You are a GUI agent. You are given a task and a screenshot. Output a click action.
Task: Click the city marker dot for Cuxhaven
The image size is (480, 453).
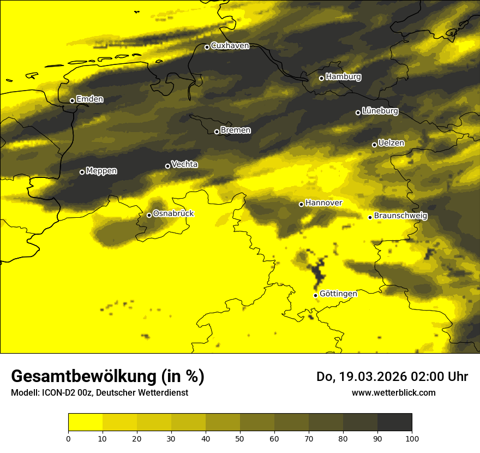pos(207,47)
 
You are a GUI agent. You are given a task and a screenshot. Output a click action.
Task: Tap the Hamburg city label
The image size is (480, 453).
pos(343,77)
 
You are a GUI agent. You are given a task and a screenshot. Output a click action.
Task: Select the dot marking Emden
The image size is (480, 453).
pos(72,100)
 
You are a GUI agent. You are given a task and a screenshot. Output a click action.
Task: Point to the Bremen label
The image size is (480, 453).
pos(236,130)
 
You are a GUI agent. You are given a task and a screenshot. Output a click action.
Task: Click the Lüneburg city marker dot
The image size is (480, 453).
pos(358,112)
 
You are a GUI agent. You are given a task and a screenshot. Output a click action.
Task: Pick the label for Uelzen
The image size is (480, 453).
pos(391,144)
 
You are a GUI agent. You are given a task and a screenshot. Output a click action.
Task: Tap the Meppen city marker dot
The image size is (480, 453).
pos(82,172)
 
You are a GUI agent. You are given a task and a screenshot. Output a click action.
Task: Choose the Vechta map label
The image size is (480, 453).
pos(184,164)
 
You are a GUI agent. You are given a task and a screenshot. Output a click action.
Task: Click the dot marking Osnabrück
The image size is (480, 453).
pos(149,215)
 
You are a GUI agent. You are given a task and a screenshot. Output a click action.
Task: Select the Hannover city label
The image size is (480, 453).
pos(323,203)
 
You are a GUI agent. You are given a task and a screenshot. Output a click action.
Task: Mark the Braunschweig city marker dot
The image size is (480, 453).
pos(370,217)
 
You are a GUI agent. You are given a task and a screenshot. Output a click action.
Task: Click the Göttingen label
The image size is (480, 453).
pos(338,294)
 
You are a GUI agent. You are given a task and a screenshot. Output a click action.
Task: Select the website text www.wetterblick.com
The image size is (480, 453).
pos(393,392)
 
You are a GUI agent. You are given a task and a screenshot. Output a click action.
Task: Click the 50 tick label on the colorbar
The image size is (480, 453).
pos(240,438)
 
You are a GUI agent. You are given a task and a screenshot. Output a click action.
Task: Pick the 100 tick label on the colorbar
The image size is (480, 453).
pos(412,438)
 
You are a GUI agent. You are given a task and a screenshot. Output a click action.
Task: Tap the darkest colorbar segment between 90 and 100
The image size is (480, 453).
pos(394,422)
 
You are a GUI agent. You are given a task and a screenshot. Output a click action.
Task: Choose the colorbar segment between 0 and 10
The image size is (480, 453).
pos(86,422)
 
